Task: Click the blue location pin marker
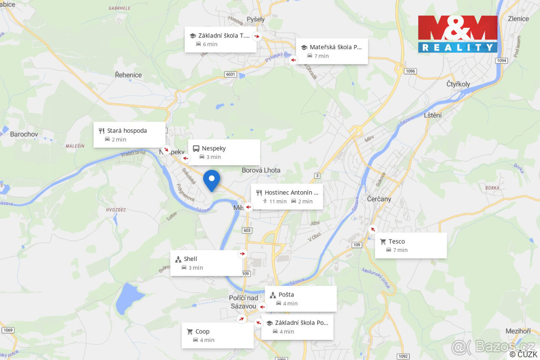click(x=211, y=180)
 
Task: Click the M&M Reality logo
click(x=458, y=34)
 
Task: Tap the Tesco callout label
click(x=410, y=245)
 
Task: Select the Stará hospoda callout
click(x=129, y=135)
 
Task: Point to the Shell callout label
click(x=206, y=263)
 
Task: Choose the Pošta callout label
click(x=300, y=299)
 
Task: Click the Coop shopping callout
click(x=217, y=335)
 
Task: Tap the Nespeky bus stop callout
click(x=224, y=152)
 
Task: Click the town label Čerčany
click(x=379, y=199)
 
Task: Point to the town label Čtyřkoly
click(x=458, y=84)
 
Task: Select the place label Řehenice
click(x=128, y=75)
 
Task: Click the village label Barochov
click(x=24, y=134)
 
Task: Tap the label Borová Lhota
click(x=261, y=170)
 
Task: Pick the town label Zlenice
click(x=518, y=18)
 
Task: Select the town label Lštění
click(x=433, y=115)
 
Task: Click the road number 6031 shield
click(x=231, y=74)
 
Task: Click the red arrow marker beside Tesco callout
click(x=373, y=229)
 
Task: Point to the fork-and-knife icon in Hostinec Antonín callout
click(x=259, y=193)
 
